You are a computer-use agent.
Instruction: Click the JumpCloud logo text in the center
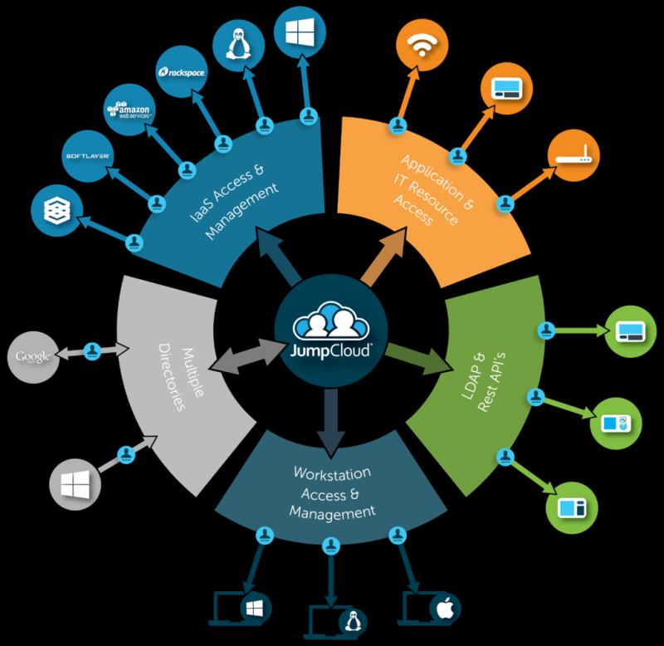tap(330, 351)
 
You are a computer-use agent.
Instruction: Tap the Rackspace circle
tap(182, 72)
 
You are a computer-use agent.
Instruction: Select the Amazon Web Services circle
tap(129, 110)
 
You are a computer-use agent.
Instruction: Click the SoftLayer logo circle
tap(88, 156)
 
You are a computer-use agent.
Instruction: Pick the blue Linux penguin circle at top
tap(238, 45)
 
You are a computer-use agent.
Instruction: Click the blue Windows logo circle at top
tap(300, 32)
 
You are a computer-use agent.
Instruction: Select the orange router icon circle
tap(574, 155)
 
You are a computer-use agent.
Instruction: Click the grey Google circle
tap(33, 357)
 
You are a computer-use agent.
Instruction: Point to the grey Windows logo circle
tap(75, 484)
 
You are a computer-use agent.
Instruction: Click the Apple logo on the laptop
tap(445, 609)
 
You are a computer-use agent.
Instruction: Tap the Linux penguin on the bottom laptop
tap(352, 622)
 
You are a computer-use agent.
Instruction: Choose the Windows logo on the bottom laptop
tap(254, 609)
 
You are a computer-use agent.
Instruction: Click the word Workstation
tap(332, 473)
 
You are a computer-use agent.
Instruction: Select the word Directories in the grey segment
tap(172, 378)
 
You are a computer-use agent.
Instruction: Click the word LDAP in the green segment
tap(473, 377)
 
